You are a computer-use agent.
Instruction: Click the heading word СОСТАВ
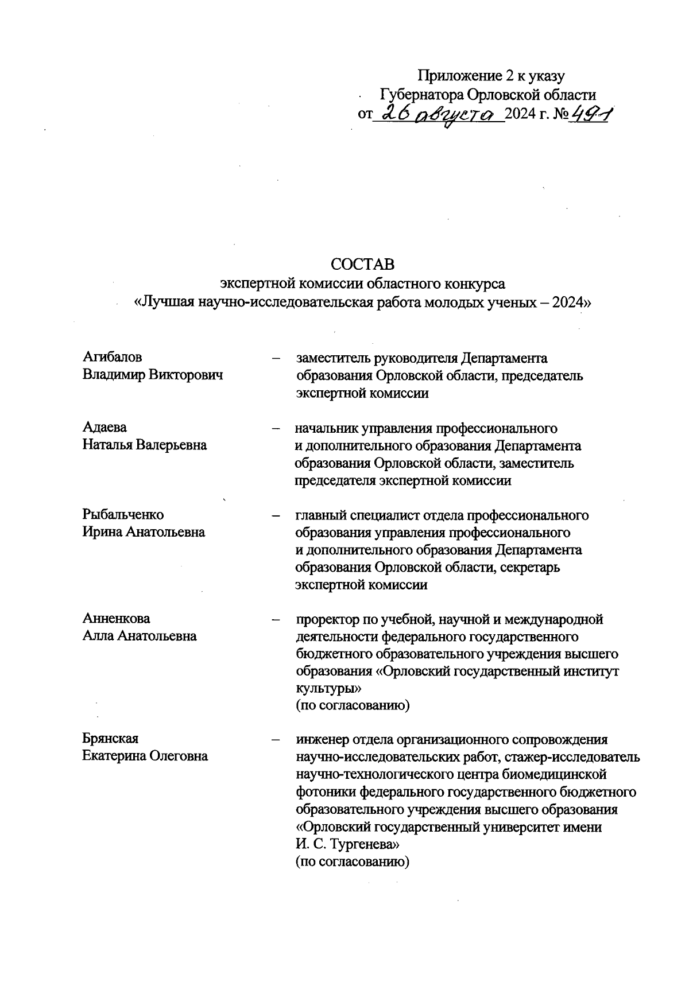coord(363,265)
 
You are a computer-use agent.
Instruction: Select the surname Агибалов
coord(113,358)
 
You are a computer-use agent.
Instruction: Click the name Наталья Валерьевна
coord(145,445)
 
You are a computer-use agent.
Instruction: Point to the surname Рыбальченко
coord(123,514)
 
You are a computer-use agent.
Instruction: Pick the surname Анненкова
coord(117,619)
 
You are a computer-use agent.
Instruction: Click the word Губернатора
coord(422,94)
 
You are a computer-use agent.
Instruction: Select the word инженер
coord(320,739)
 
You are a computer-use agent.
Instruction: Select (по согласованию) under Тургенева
coord(352,862)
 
